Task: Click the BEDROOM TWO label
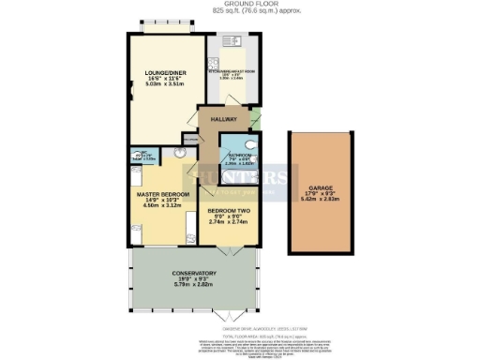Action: pyautogui.click(x=228, y=211)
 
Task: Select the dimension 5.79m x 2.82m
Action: pyautogui.click(x=195, y=282)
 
